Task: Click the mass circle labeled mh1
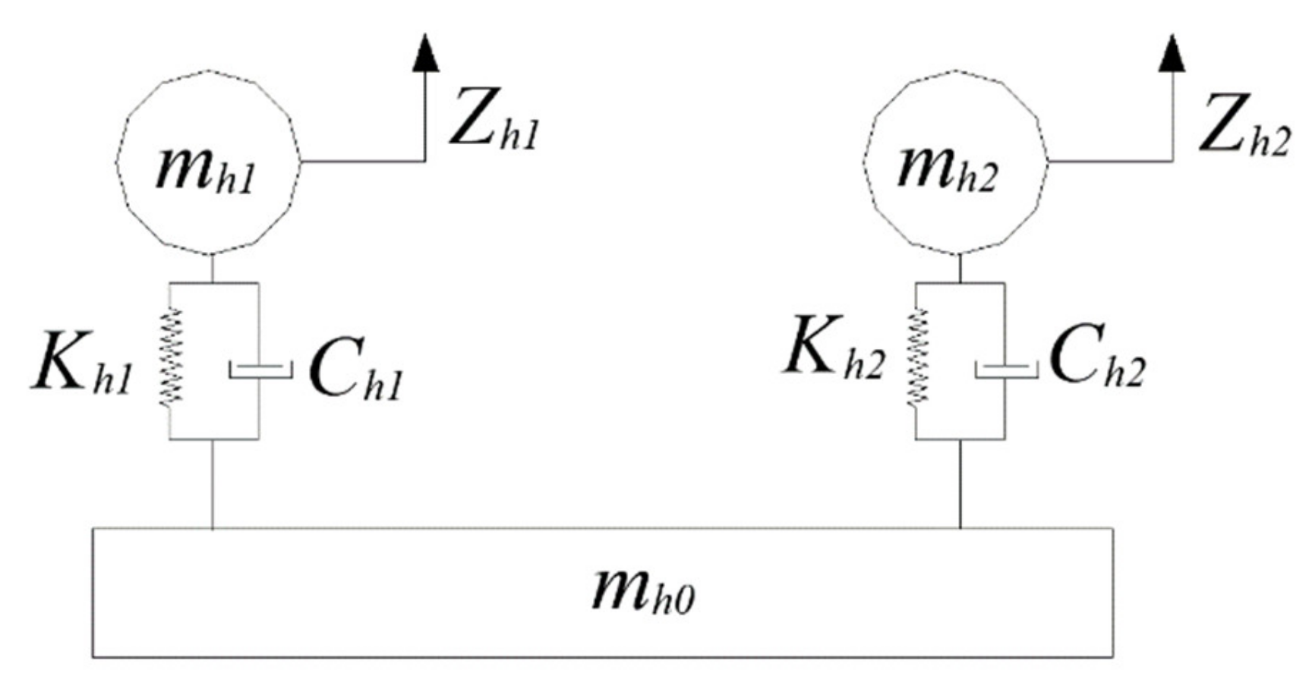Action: (x=207, y=162)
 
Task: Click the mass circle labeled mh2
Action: (x=955, y=162)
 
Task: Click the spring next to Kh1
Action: (x=171, y=357)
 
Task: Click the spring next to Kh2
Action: (x=919, y=357)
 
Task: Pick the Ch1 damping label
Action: (x=355, y=373)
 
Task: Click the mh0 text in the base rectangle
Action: (x=643, y=590)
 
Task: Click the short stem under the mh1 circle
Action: (x=212, y=268)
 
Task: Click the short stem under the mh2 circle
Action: (x=960, y=268)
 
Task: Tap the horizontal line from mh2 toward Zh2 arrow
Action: (x=1109, y=161)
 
